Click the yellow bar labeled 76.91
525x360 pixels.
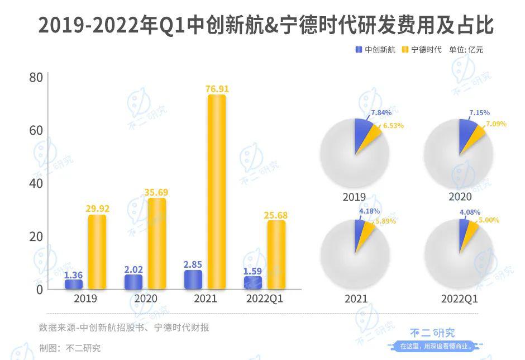click(217, 192)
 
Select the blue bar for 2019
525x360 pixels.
click(73, 284)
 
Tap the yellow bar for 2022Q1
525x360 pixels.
click(276, 254)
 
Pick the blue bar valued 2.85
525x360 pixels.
click(193, 280)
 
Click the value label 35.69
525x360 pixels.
click(156, 192)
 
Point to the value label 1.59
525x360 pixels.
click(252, 271)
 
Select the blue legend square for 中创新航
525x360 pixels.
click(359, 50)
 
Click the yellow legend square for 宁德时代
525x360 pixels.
click(405, 50)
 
